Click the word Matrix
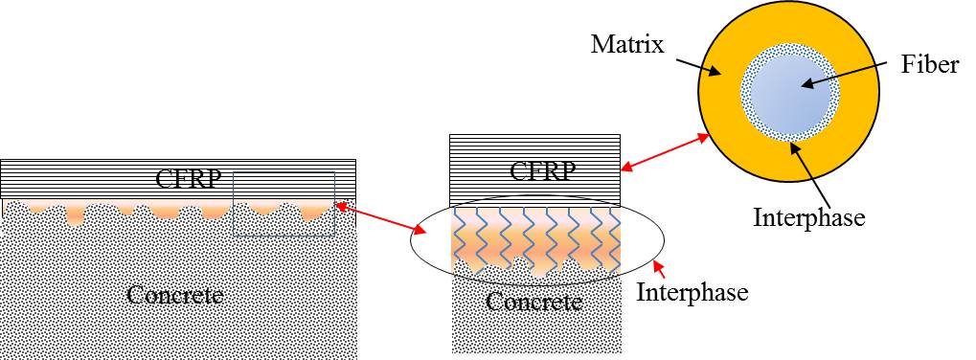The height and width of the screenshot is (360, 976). tap(628, 45)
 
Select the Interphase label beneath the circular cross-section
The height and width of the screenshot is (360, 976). tap(808, 216)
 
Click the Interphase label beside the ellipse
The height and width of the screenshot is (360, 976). tap(692, 291)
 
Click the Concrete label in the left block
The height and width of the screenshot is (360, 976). tap(175, 294)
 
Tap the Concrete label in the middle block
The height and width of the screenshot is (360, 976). tap(533, 302)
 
